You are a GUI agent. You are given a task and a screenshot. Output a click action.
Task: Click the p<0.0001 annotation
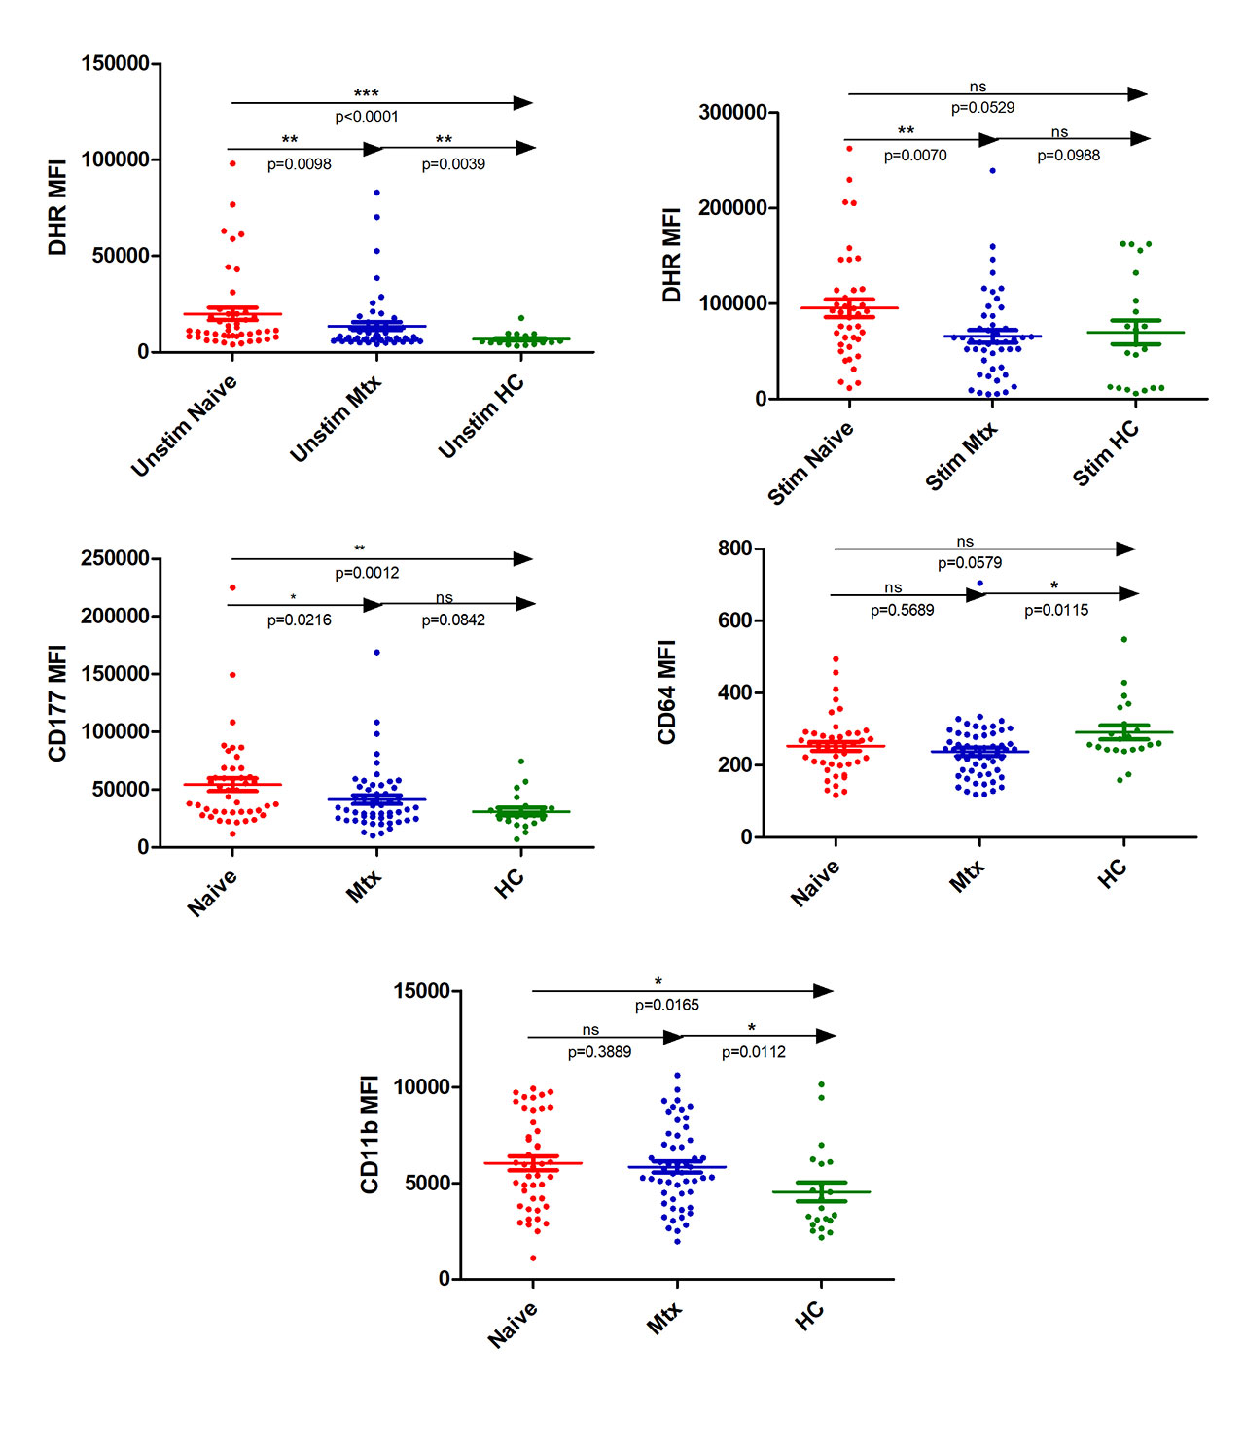pyautogui.click(x=367, y=117)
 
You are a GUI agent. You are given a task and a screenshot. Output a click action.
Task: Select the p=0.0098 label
pyautogui.click(x=299, y=164)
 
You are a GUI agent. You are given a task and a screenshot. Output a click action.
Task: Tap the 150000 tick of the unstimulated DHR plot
pyautogui.click(x=115, y=64)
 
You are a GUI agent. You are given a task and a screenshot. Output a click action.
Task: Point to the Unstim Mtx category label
pyautogui.click(x=336, y=419)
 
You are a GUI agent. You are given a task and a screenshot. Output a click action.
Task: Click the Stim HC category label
pyautogui.click(x=1106, y=453)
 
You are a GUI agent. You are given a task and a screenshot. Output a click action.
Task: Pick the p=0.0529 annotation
pyautogui.click(x=982, y=108)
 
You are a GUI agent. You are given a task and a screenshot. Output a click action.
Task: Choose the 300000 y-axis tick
pyautogui.click(x=732, y=113)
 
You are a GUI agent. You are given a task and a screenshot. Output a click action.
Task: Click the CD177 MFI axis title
pyautogui.click(x=58, y=702)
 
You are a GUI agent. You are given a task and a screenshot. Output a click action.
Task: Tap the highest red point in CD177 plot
pyautogui.click(x=232, y=587)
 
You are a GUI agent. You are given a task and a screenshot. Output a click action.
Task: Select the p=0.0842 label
pyautogui.click(x=452, y=620)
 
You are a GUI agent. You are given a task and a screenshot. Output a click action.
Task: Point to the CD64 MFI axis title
pyautogui.click(x=667, y=691)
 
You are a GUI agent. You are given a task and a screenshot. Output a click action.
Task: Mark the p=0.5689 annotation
pyautogui.click(x=902, y=611)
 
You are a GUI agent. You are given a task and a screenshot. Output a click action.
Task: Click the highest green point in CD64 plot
pyautogui.click(x=1124, y=639)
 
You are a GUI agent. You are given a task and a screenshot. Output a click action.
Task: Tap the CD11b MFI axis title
pyautogui.click(x=370, y=1134)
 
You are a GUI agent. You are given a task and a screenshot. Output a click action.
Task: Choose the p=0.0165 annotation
pyautogui.click(x=666, y=1006)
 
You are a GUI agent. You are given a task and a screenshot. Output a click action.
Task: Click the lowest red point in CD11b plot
pyautogui.click(x=533, y=1258)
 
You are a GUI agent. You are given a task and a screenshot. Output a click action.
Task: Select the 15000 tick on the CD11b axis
pyautogui.click(x=421, y=991)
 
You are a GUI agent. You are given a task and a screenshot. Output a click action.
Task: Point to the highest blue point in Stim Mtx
pyautogui.click(x=992, y=171)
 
